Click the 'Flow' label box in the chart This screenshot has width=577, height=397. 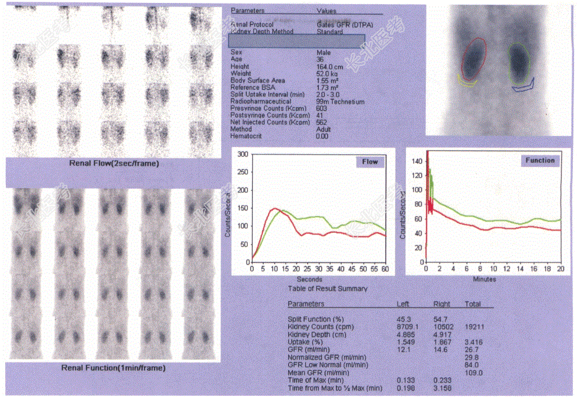click(x=369, y=161)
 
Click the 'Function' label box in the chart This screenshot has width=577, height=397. click(x=540, y=160)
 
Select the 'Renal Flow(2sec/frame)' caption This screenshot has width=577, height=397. click(x=114, y=164)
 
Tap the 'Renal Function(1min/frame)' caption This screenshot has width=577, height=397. click(x=114, y=368)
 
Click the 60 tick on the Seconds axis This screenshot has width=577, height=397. click(x=385, y=269)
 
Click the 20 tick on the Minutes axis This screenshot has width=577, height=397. click(x=561, y=269)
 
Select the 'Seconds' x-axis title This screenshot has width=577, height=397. click(x=309, y=279)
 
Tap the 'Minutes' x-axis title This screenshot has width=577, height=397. click(x=485, y=279)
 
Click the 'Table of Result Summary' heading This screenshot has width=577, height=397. click(x=328, y=289)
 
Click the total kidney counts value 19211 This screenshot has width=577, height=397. click(x=474, y=326)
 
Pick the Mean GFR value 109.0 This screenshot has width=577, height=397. click(x=473, y=373)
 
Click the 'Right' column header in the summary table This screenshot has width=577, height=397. click(x=441, y=304)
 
